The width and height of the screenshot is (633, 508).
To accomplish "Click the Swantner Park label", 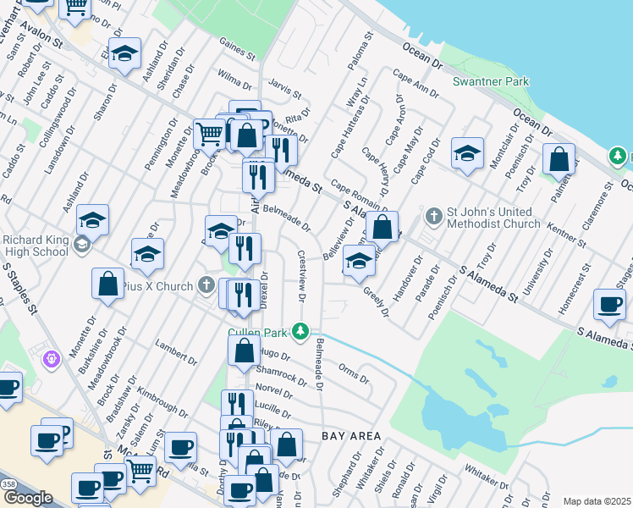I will (x=491, y=81).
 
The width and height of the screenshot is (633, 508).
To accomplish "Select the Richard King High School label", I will (x=36, y=246).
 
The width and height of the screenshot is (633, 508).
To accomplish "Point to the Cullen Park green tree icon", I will (x=298, y=329).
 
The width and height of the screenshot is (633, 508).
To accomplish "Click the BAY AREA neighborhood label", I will (x=352, y=436).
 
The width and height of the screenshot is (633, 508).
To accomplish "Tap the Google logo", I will (x=28, y=498).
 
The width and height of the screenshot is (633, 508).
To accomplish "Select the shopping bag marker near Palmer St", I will (x=559, y=160).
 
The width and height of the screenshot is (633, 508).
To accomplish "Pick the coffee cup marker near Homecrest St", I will (x=609, y=306).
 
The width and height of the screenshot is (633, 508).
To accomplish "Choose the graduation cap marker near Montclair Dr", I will (x=467, y=155).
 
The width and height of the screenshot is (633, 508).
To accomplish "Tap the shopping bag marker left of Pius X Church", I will (x=108, y=284).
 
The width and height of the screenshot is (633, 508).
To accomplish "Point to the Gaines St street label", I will (x=237, y=54).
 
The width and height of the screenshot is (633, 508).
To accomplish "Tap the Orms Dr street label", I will (x=353, y=373).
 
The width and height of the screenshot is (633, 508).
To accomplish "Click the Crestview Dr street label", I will (x=302, y=275).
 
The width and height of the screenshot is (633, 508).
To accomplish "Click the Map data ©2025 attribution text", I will (x=596, y=501).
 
